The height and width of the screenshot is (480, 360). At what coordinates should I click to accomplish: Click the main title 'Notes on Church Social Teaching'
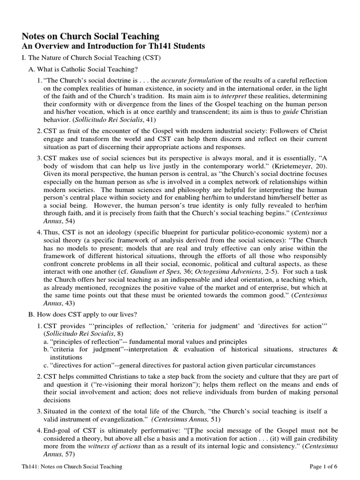[x=91, y=36]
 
